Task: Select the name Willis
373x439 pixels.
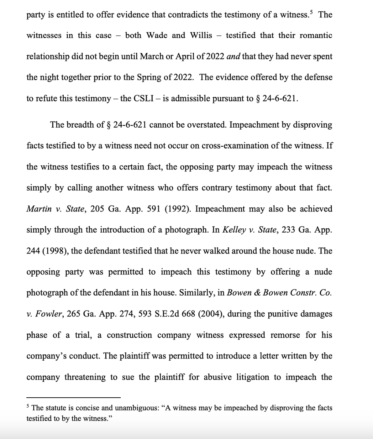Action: [201, 35]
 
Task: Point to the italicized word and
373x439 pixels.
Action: [234, 57]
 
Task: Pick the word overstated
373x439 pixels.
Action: [207, 125]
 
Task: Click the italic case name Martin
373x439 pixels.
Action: [38, 209]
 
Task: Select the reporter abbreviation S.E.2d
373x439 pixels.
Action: [171, 314]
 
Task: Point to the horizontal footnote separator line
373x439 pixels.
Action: [73, 397]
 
